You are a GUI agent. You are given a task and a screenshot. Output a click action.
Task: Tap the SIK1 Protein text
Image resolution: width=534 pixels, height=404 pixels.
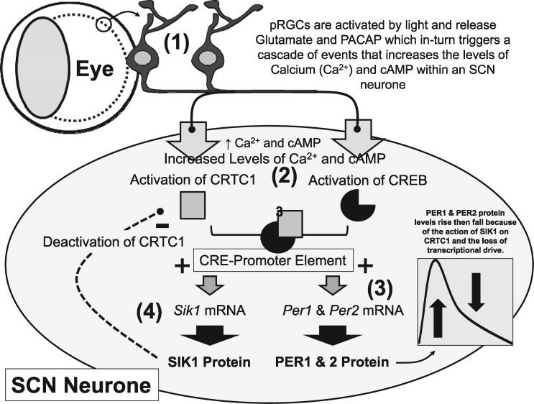tap(209, 362)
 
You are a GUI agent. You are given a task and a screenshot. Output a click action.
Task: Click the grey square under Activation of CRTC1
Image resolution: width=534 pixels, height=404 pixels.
tap(193, 207)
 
